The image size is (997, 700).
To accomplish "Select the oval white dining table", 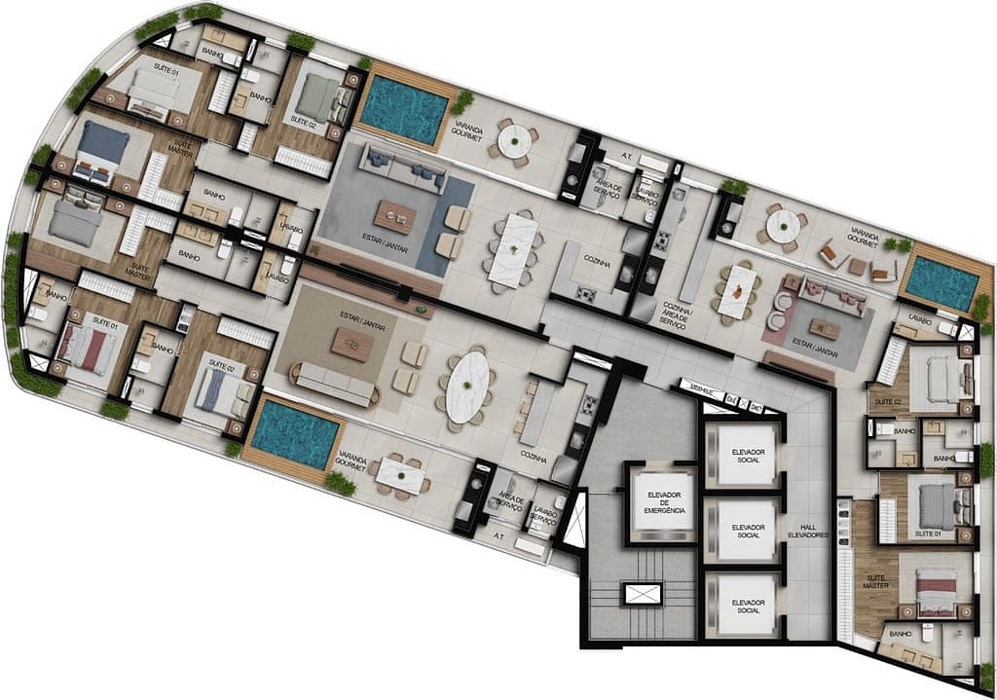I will [x=468, y=386].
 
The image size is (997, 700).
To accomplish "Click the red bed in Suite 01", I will [x=85, y=347].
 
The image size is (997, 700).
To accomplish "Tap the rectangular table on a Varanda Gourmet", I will [x=400, y=475].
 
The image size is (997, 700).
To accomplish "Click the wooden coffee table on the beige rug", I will [x=351, y=344].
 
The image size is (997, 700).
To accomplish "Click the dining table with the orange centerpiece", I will [x=740, y=289].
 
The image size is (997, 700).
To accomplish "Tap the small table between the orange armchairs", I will [x=857, y=264].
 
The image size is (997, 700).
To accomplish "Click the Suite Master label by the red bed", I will [x=875, y=582].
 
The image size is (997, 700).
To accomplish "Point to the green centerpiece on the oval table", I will [x=468, y=386].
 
